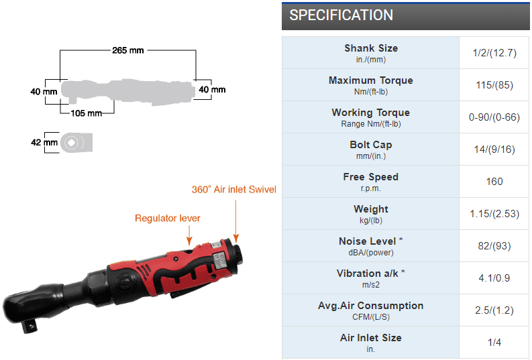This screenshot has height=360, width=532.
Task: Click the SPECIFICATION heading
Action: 341,15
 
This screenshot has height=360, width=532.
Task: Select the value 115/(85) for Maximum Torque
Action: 495,84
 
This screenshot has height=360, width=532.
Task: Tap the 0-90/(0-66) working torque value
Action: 495,117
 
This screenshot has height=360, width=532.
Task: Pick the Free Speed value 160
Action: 495,181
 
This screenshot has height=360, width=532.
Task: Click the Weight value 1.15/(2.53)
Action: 495,213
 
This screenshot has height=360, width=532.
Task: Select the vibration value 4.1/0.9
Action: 495,278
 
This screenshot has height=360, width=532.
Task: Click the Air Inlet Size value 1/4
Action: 495,342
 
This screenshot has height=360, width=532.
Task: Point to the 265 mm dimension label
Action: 127,50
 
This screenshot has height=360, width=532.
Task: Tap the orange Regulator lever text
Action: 167,218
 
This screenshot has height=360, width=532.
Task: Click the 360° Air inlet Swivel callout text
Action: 233,190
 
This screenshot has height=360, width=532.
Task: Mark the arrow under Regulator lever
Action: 189,233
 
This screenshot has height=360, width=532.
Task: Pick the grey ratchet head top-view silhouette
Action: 76,143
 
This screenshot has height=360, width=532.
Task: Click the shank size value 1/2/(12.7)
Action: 495,52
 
